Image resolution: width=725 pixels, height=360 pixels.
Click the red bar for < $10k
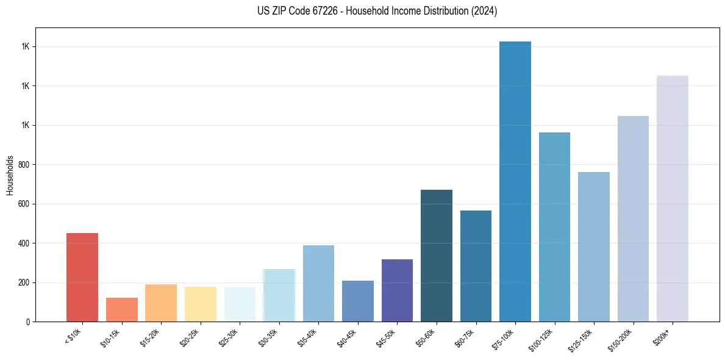click(82, 277)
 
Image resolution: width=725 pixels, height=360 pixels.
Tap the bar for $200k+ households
click(672, 198)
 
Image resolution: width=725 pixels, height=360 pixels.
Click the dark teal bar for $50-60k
click(436, 256)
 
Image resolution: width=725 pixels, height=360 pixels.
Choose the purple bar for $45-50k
click(397, 290)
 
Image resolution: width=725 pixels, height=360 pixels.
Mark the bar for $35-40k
click(318, 283)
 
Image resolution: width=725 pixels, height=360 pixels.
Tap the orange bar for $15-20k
click(161, 303)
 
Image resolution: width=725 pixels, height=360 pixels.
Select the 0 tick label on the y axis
click(28, 322)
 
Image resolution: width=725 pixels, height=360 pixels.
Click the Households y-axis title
click(10, 175)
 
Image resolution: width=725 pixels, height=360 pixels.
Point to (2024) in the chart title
click(484, 11)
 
